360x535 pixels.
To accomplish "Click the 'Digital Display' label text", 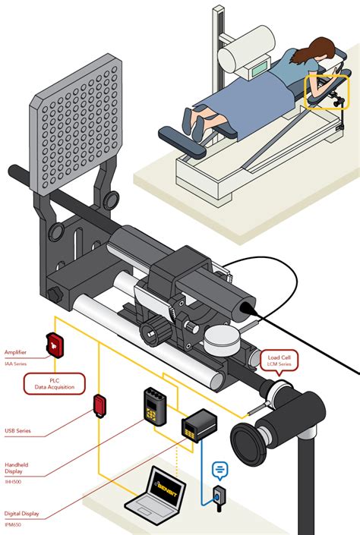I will point(24,513).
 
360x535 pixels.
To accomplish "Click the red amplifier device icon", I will point(56,345).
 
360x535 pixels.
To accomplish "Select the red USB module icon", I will point(99,405).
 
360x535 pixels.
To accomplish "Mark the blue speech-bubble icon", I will point(219,470).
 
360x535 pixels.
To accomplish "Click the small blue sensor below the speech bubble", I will point(219,498).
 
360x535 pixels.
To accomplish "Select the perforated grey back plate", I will point(77,124).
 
